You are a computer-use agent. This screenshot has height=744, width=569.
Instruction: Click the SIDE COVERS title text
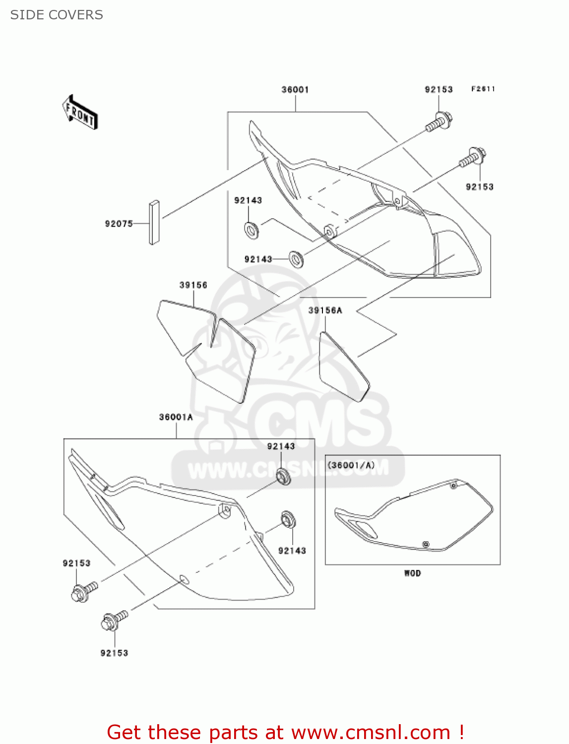pyautogui.click(x=57, y=15)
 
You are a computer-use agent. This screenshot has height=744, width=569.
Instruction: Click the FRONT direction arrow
pyautogui.click(x=80, y=113)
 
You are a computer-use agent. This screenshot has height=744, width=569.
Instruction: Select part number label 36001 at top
pyautogui.click(x=295, y=90)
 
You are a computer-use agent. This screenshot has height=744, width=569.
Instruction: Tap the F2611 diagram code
pyautogui.click(x=483, y=89)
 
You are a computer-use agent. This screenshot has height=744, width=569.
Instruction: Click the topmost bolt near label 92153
pyautogui.click(x=440, y=123)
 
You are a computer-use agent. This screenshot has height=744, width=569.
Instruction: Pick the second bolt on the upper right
pyautogui.click(x=473, y=158)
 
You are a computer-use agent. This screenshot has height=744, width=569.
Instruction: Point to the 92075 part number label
pyautogui.click(x=119, y=224)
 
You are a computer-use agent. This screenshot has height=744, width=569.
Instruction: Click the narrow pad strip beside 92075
pyautogui.click(x=154, y=222)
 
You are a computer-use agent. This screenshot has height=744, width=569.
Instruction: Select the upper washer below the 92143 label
pyautogui.click(x=252, y=230)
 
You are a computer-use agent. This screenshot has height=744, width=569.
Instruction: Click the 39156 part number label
pyautogui.click(x=193, y=285)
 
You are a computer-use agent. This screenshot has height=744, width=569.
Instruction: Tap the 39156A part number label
pyautogui.click(x=325, y=310)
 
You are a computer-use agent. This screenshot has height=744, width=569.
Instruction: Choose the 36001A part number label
pyautogui.click(x=176, y=417)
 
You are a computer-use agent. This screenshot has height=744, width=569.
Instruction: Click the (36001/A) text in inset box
pyautogui.click(x=351, y=465)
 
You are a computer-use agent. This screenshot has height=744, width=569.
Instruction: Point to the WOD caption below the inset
pyautogui.click(x=412, y=573)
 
